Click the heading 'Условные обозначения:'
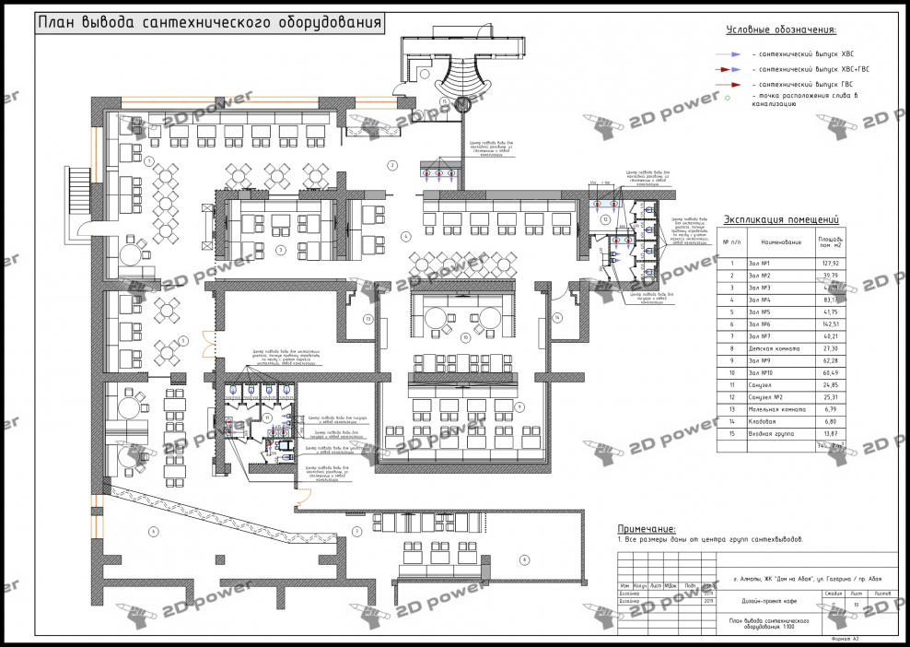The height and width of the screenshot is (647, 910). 780,31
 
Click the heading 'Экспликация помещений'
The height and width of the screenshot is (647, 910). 780,219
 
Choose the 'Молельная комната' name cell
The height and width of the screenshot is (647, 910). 777,408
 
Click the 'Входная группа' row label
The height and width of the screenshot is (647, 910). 771,433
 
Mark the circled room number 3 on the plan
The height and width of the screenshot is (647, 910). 281,249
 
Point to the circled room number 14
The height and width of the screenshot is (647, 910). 557,317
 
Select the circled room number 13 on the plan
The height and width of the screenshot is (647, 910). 367,319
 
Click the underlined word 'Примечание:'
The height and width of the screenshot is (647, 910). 646,529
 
